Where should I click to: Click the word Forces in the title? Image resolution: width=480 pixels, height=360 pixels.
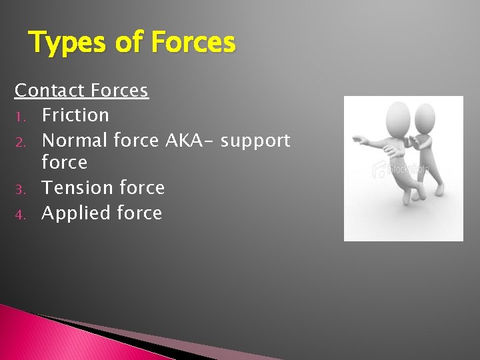point(193,43)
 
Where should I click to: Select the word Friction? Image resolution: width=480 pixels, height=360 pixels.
point(75,115)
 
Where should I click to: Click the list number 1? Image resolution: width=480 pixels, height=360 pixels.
point(21,117)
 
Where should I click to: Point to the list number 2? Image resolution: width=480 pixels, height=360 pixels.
point(21,142)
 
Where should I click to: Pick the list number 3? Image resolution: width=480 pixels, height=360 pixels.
point(21,189)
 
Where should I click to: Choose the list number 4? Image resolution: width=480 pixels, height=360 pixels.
point(21,215)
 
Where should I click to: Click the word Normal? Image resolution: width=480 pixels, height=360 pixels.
point(75,141)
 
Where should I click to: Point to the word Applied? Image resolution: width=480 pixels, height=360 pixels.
point(76,214)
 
